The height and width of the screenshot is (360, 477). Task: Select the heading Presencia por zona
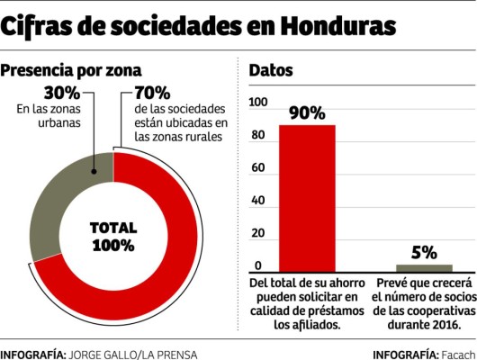(71, 69)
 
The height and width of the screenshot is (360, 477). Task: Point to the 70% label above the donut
(152, 92)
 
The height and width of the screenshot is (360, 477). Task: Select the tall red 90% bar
(307, 198)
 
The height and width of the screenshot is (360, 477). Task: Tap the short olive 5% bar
(425, 267)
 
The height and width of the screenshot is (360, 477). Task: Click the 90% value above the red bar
(307, 112)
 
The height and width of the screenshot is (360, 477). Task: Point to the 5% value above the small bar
(425, 252)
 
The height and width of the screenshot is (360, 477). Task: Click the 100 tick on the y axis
(258, 103)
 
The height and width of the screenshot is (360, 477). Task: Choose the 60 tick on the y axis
(258, 168)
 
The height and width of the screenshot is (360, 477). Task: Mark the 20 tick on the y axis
(258, 233)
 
